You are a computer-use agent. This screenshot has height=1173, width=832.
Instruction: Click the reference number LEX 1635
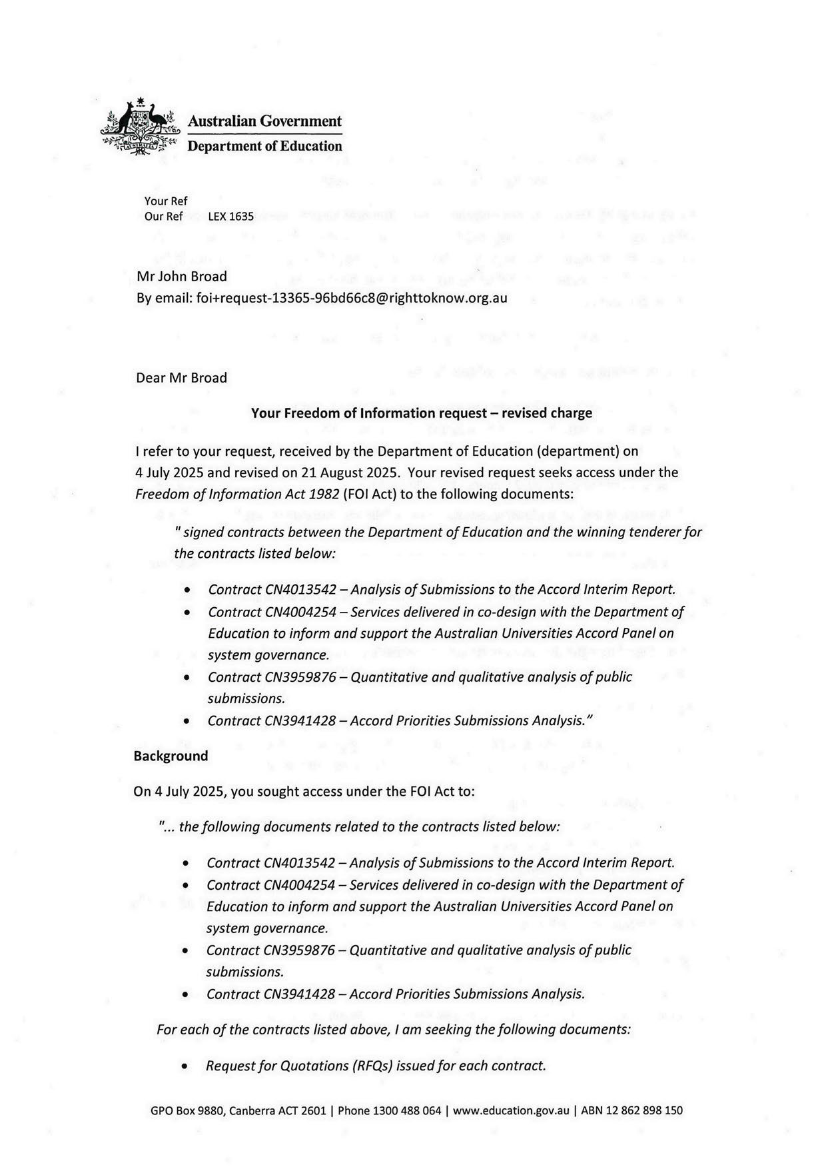click(x=230, y=217)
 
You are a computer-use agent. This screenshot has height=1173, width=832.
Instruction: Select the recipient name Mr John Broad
click(x=181, y=277)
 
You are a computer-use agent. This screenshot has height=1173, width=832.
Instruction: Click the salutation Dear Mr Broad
click(x=181, y=378)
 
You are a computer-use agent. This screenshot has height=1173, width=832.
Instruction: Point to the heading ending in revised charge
click(x=421, y=413)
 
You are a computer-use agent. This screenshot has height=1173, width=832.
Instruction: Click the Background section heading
click(x=171, y=756)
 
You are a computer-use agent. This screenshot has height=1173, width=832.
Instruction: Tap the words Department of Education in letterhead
click(x=264, y=147)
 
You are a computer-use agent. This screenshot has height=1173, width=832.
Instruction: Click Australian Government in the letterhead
click(x=264, y=121)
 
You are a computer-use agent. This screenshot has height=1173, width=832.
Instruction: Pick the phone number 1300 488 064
click(x=406, y=1111)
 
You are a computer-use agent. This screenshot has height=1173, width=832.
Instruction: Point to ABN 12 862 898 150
click(x=631, y=1111)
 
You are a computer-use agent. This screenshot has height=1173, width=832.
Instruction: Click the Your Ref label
click(x=166, y=201)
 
